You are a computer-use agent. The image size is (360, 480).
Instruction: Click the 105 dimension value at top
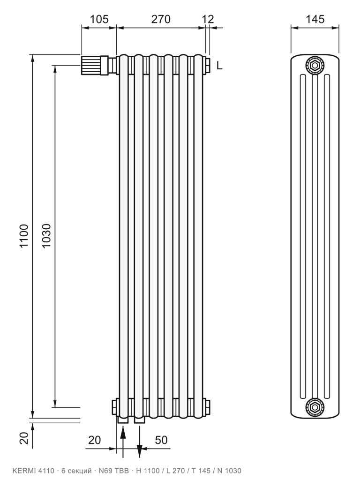coord(99,19)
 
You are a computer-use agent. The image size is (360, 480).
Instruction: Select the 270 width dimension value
coord(161,19)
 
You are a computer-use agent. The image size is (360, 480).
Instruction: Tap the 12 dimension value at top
coord(208,19)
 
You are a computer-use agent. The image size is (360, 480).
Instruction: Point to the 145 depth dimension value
coord(315,19)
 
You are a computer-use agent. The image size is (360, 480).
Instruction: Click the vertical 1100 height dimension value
coord(24,236)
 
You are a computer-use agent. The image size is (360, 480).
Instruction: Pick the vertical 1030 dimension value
coord(46,236)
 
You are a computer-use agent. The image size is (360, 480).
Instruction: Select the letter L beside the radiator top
coord(219,65)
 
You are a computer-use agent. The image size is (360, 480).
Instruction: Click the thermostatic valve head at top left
coord(91,65)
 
